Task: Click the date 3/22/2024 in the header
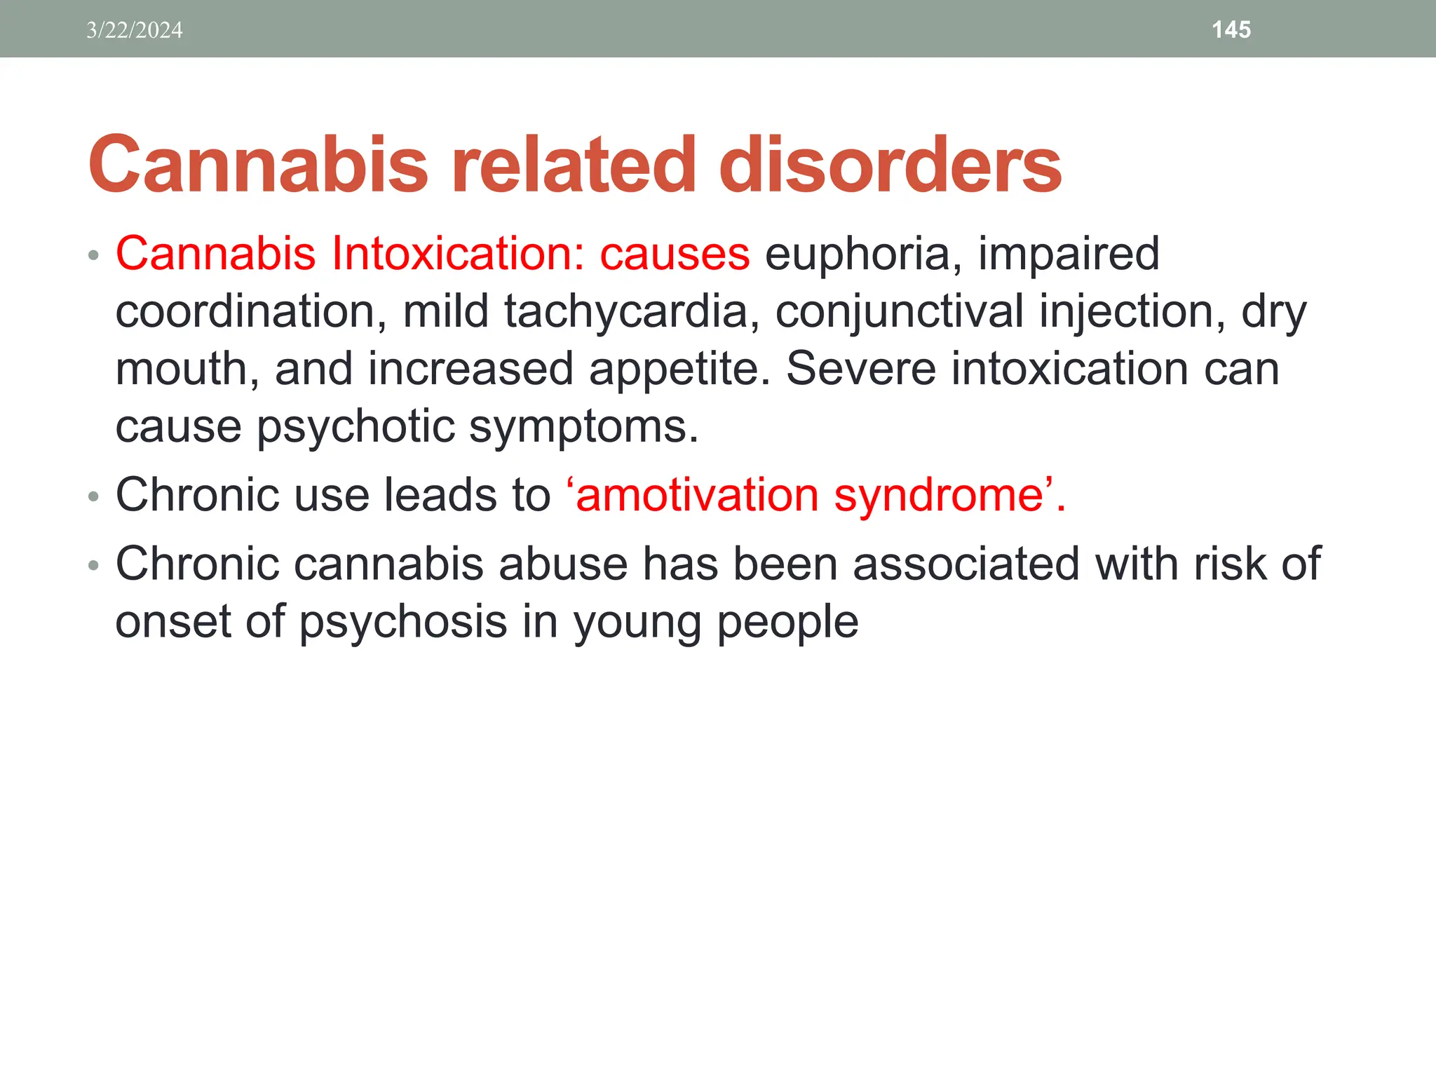click(x=134, y=30)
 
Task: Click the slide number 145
click(x=1231, y=29)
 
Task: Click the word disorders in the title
click(x=890, y=165)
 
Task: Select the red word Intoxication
click(x=457, y=254)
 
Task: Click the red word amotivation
click(x=696, y=496)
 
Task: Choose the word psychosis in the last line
click(x=403, y=623)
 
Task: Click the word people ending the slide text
click(x=787, y=623)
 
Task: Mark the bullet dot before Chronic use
click(x=94, y=497)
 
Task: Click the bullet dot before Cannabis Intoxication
click(x=94, y=255)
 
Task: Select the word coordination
click(x=250, y=312)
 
